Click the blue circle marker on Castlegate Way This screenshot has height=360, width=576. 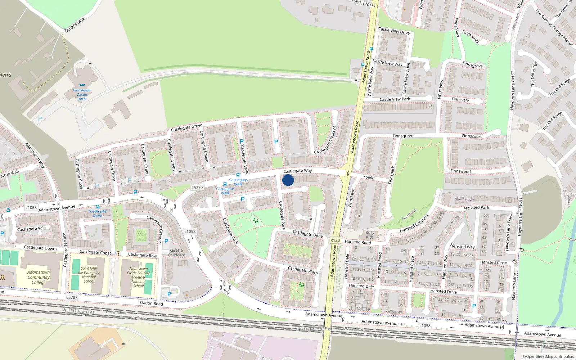[x=288, y=180]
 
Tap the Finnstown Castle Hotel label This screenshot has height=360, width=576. [x=82, y=95]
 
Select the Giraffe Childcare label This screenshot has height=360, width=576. [x=176, y=253]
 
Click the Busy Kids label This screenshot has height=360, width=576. [x=370, y=235]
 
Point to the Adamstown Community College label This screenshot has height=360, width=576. [x=39, y=277]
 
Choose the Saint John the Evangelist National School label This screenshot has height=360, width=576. [x=89, y=275]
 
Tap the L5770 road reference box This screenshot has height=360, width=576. [x=197, y=187]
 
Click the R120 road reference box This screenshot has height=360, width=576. [x=335, y=240]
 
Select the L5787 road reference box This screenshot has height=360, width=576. [x=72, y=297]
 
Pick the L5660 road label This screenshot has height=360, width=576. [x=369, y=177]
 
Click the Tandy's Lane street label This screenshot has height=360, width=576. [x=74, y=25]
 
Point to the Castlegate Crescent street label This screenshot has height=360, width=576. [x=325, y=140]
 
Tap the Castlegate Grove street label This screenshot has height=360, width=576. [x=186, y=127]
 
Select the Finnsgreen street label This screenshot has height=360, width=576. [x=403, y=136]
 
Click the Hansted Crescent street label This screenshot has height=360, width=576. [x=414, y=224]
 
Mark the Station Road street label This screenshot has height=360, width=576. [x=151, y=303]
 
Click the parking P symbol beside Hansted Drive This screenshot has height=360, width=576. [x=474, y=306]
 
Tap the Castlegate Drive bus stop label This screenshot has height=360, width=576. [x=98, y=213]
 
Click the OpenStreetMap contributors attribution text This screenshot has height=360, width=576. [x=548, y=356]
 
